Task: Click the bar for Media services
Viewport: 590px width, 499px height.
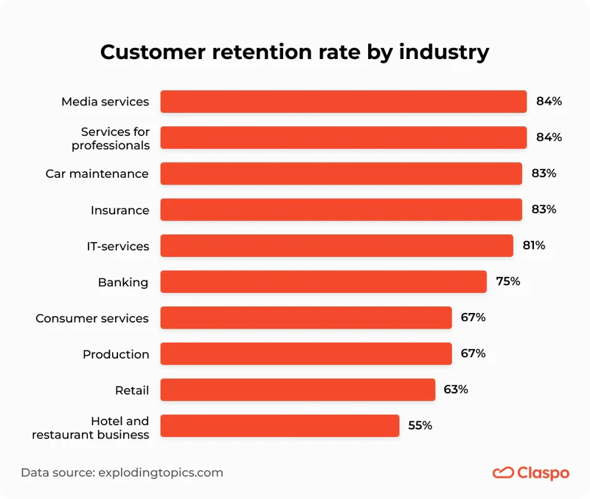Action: coord(343,102)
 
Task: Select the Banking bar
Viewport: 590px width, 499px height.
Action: coord(323,282)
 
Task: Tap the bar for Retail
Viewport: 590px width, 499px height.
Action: coord(297,390)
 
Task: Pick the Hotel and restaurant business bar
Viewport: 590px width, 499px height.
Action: coord(280,426)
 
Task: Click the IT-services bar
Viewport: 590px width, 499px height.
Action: coord(336,246)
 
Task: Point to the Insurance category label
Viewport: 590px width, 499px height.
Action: coord(119,210)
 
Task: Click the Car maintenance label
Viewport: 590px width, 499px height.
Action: coord(97,174)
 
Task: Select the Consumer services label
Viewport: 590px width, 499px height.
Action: coord(92,318)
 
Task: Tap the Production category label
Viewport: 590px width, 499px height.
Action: coord(116,354)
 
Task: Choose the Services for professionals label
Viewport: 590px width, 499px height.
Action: coord(111,138)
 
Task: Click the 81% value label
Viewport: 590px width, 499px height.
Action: coord(533,245)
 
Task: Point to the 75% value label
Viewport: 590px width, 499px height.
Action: coord(507,281)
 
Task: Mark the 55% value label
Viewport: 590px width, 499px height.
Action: coord(420,425)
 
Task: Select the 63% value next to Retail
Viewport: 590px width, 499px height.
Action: coord(455,389)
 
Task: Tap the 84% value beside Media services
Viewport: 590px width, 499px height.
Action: coord(549,101)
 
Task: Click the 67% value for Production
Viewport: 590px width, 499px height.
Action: coord(473,354)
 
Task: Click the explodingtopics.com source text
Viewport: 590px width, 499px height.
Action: coord(160,472)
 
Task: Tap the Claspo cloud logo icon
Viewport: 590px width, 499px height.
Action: coord(503,472)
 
